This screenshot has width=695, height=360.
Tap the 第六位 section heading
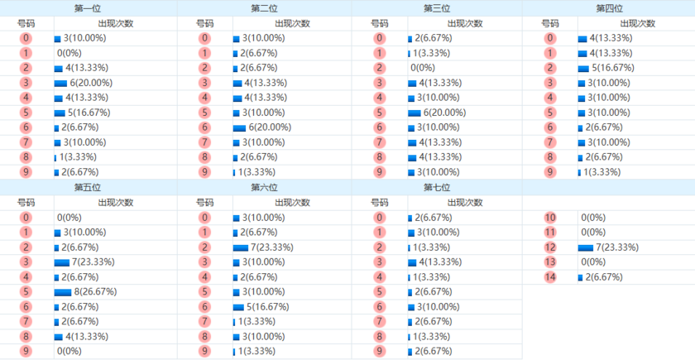[x=264, y=188]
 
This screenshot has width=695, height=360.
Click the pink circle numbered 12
[x=550, y=247]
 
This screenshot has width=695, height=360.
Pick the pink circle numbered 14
[x=550, y=277]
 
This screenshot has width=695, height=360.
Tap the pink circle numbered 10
[x=550, y=218]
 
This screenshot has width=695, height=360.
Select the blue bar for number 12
[x=586, y=247]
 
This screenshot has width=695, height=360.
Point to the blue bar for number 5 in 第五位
[x=63, y=292]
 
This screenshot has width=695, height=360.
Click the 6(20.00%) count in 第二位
[x=270, y=127]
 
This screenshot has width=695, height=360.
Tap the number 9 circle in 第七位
[x=380, y=352]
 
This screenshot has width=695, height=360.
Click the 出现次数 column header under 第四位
[x=637, y=23]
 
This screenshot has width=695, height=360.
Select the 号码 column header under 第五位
[x=26, y=203]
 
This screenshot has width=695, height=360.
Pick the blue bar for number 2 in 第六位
[x=241, y=247]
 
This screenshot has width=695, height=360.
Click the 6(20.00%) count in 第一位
[x=91, y=83]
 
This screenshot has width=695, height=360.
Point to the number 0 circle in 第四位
[x=550, y=39]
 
